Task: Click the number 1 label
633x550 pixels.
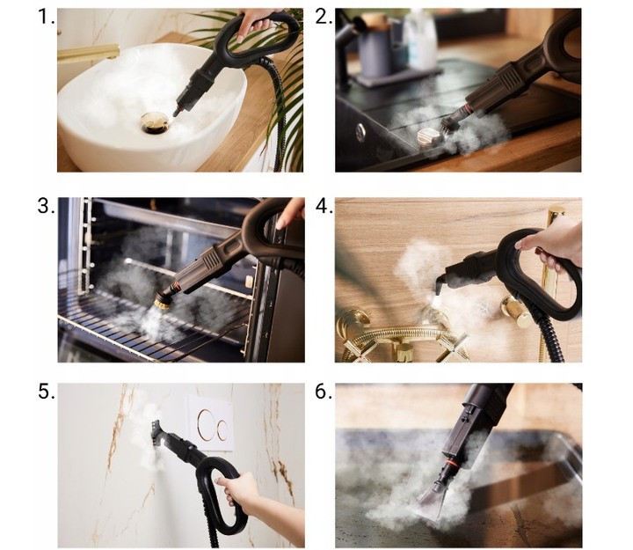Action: coord(46,17)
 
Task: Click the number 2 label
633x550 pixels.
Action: coord(324,17)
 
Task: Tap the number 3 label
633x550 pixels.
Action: coord(46,206)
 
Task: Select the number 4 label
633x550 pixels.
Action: coord(324,206)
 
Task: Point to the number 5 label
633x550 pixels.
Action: coord(47,392)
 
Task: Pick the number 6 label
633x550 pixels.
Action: coord(324,392)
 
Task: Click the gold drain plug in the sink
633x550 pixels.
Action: coord(155,122)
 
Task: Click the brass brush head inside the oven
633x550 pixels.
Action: coord(164,300)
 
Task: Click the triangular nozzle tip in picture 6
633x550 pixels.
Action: coord(431,502)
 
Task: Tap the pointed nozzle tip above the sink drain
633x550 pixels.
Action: coord(177,111)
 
